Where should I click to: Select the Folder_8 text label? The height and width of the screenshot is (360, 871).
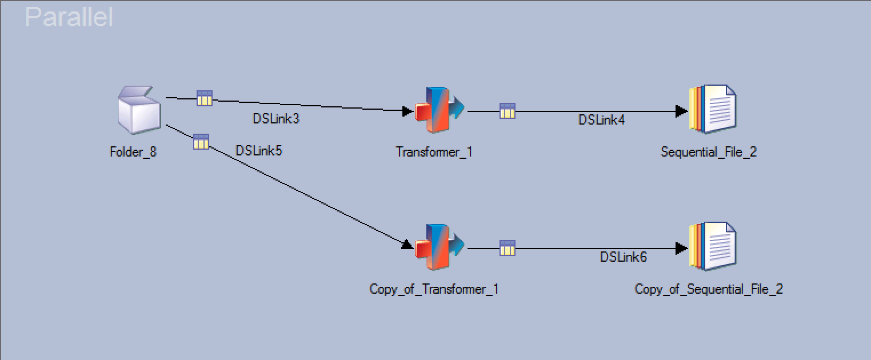[133, 152]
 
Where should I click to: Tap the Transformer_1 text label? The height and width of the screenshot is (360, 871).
[434, 152]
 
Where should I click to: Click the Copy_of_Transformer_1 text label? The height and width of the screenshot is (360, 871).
[434, 289]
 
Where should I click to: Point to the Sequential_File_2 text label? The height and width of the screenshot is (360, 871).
[708, 152]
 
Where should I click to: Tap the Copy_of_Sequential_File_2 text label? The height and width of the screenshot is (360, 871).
[708, 289]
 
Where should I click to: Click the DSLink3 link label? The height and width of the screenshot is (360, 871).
[276, 119]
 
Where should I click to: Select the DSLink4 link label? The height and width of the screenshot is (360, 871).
[601, 120]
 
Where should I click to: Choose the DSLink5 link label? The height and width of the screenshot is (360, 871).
[258, 151]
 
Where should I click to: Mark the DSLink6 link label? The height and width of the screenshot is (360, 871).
[623, 257]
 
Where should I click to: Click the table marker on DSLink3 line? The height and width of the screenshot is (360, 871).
[205, 98]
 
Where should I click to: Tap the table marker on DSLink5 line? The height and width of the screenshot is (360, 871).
[201, 142]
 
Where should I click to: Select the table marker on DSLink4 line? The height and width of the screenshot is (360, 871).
[508, 111]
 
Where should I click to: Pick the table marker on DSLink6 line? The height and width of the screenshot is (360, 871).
[508, 248]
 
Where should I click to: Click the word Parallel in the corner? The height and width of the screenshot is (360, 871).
[69, 17]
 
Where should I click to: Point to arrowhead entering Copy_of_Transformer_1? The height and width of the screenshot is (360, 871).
[407, 245]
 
